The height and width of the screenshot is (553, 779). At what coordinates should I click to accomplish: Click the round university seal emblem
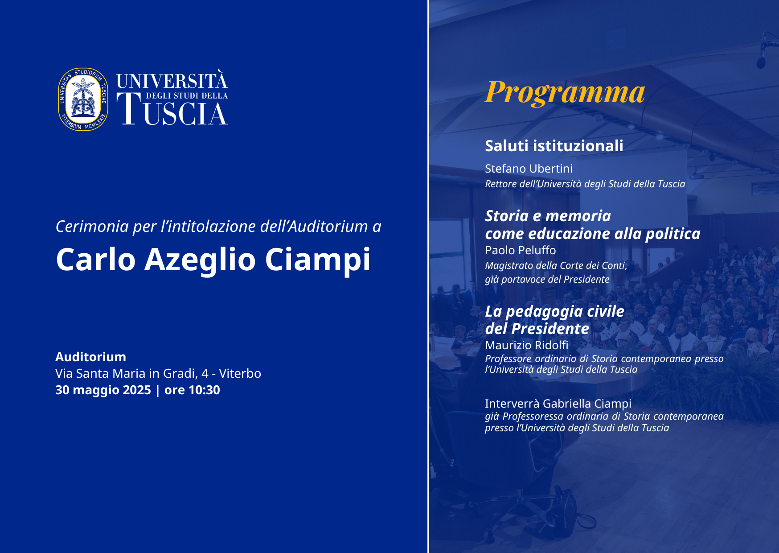(83, 99)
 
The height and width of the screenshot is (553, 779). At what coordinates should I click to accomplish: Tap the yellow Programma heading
(565, 93)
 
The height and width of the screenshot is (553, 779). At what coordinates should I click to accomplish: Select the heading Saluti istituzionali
(554, 146)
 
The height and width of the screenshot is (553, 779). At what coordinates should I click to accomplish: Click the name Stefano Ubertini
(529, 169)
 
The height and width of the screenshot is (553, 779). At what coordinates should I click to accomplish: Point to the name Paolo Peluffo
(521, 250)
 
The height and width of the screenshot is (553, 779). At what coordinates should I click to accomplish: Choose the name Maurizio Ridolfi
(527, 345)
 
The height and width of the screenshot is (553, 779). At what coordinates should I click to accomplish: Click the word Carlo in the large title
(96, 260)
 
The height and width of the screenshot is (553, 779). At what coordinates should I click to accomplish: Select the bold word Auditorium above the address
(90, 357)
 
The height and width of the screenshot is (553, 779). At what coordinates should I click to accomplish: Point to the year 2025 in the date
(137, 390)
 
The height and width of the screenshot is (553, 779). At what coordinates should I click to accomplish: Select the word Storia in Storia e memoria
(507, 216)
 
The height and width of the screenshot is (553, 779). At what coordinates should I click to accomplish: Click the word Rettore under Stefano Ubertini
(501, 184)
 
